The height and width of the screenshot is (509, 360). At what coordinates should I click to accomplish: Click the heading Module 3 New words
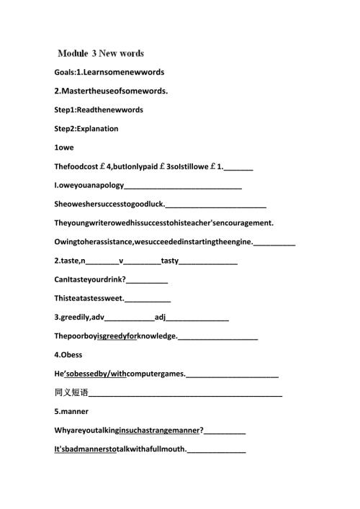tap(101, 53)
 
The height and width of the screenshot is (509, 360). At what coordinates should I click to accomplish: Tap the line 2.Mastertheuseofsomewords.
tap(111, 91)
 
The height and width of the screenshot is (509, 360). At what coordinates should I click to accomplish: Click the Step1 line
tap(99, 109)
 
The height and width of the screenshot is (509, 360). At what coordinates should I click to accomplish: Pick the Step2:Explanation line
tap(86, 128)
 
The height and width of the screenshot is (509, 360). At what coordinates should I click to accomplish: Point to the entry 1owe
tap(64, 148)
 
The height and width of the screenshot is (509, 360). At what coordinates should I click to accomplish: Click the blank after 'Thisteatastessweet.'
tap(148, 299)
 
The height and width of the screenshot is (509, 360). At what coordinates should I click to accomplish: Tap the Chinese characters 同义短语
tap(71, 393)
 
